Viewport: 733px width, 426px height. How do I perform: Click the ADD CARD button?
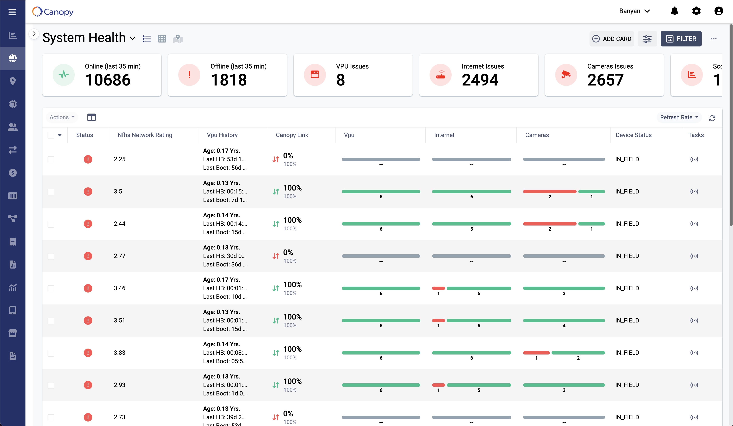pyautogui.click(x=612, y=39)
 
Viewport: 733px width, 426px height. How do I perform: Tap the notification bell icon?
pyautogui.click(x=674, y=11)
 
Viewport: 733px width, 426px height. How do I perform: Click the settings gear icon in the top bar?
pyautogui.click(x=696, y=11)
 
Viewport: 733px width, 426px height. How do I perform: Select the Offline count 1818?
pyautogui.click(x=229, y=80)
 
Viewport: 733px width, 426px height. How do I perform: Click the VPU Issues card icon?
pyautogui.click(x=315, y=75)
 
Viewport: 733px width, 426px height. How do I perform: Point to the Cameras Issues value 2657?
pyautogui.click(x=605, y=80)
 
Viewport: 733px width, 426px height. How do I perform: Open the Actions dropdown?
pyautogui.click(x=62, y=117)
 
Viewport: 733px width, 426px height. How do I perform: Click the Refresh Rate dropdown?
pyautogui.click(x=679, y=117)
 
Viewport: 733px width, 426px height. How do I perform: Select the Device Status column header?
pyautogui.click(x=633, y=135)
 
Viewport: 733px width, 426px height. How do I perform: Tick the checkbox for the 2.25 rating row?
pyautogui.click(x=51, y=159)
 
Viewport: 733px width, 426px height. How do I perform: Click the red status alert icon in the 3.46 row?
pyautogui.click(x=88, y=288)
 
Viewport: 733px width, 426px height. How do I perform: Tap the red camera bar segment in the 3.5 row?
pyautogui.click(x=549, y=192)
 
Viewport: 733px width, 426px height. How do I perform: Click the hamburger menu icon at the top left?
pyautogui.click(x=12, y=12)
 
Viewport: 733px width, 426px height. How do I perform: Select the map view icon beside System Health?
pyautogui.click(x=178, y=39)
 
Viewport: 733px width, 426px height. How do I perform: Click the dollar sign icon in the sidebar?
pyautogui.click(x=13, y=173)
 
